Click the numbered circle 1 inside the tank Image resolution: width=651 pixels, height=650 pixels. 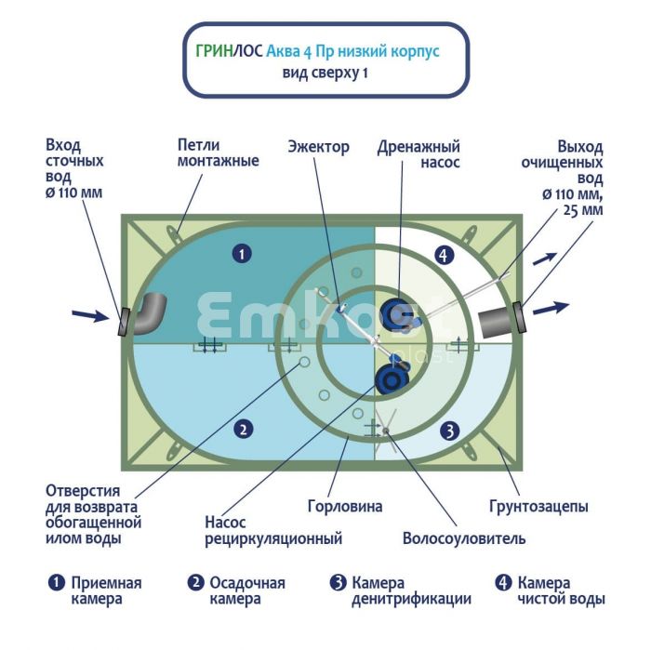[242, 252]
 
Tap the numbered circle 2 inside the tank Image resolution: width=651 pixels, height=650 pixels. [242, 429]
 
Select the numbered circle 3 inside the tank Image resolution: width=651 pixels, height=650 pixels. [448, 431]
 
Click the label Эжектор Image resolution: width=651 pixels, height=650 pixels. [318, 147]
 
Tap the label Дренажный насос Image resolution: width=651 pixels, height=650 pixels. [418, 154]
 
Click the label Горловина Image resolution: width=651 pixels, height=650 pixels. [344, 507]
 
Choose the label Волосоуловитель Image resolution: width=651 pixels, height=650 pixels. [464, 538]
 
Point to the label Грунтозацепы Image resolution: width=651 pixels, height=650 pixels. [538, 507]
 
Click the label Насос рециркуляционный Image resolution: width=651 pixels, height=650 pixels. [273, 530]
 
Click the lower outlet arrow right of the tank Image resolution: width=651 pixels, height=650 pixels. [550, 308]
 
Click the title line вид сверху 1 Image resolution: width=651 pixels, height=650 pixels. [325, 73]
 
